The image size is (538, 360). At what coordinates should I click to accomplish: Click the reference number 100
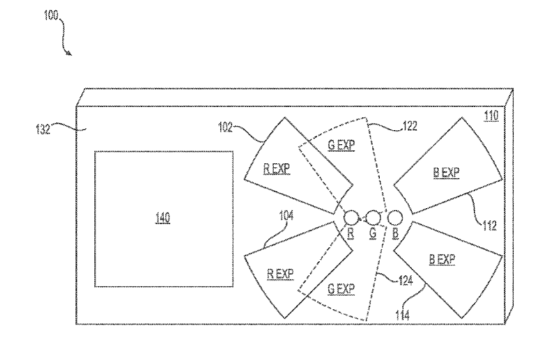pos(51,15)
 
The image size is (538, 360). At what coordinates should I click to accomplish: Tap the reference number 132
pos(43,129)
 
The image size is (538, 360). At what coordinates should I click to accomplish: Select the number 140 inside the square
pos(163,218)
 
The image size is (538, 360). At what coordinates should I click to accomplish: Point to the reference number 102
pos(226,128)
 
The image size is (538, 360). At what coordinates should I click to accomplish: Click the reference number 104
pos(286,215)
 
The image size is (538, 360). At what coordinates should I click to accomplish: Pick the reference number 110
pos(491,116)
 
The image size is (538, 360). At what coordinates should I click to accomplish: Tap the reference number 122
pos(410,127)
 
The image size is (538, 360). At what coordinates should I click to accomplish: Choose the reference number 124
pos(406,281)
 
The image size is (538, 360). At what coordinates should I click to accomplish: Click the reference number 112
pos(489,225)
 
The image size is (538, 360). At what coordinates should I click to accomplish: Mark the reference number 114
pos(402,315)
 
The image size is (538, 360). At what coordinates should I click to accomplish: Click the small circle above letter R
pos(351,217)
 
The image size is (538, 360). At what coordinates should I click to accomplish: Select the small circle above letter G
pos(373,217)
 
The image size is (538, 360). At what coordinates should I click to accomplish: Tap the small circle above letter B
pos(395,217)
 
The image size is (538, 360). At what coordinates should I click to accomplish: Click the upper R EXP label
pos(277,169)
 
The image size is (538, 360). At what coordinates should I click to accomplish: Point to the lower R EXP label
pos(281,274)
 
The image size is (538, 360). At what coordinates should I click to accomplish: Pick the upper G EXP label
pos(341,145)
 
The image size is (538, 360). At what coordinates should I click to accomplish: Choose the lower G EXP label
pos(341,289)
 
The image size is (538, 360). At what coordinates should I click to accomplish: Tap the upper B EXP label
pos(446,173)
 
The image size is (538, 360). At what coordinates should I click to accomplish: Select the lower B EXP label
pos(442,260)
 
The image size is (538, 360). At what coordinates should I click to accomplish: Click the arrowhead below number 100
pos(70,53)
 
